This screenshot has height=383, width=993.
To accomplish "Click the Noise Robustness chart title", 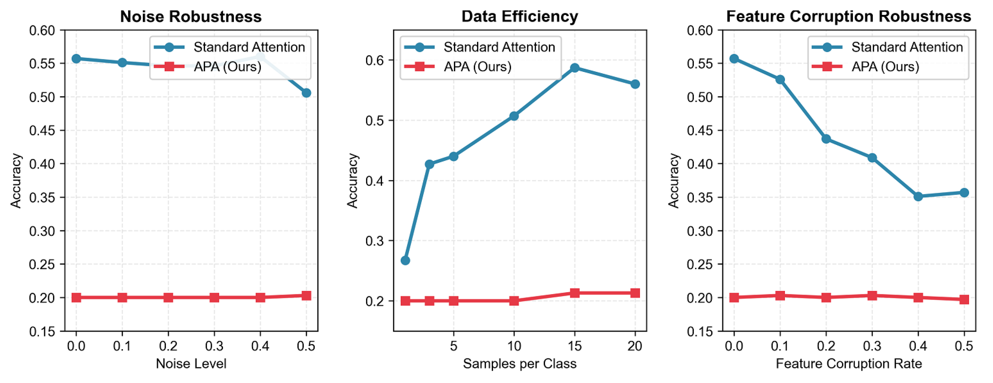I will click(x=191, y=17).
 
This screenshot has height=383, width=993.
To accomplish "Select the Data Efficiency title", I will click(x=520, y=17).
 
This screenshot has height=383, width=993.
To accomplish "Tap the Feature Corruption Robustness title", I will click(x=848, y=17).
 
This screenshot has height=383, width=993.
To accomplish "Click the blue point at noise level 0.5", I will click(x=306, y=93).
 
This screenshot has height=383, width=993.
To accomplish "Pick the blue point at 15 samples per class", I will click(x=574, y=68).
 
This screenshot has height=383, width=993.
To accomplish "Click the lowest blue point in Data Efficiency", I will click(x=405, y=260).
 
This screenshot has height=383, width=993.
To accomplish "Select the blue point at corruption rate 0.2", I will click(x=826, y=138).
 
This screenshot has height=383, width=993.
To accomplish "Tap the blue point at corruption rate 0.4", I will click(x=918, y=196).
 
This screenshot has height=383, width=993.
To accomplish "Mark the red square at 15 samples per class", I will click(x=574, y=293).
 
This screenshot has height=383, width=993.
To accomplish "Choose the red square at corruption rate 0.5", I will click(x=964, y=299).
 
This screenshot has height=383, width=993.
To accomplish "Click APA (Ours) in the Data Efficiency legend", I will click(x=477, y=67).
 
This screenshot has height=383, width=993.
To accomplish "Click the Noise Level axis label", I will click(x=191, y=363).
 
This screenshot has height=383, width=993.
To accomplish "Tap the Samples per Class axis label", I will click(x=520, y=363).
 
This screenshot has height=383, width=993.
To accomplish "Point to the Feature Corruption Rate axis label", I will click(x=848, y=363).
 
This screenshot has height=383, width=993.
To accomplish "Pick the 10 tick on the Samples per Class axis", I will click(x=514, y=346).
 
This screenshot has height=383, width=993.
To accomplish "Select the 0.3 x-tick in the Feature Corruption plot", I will click(x=872, y=346).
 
